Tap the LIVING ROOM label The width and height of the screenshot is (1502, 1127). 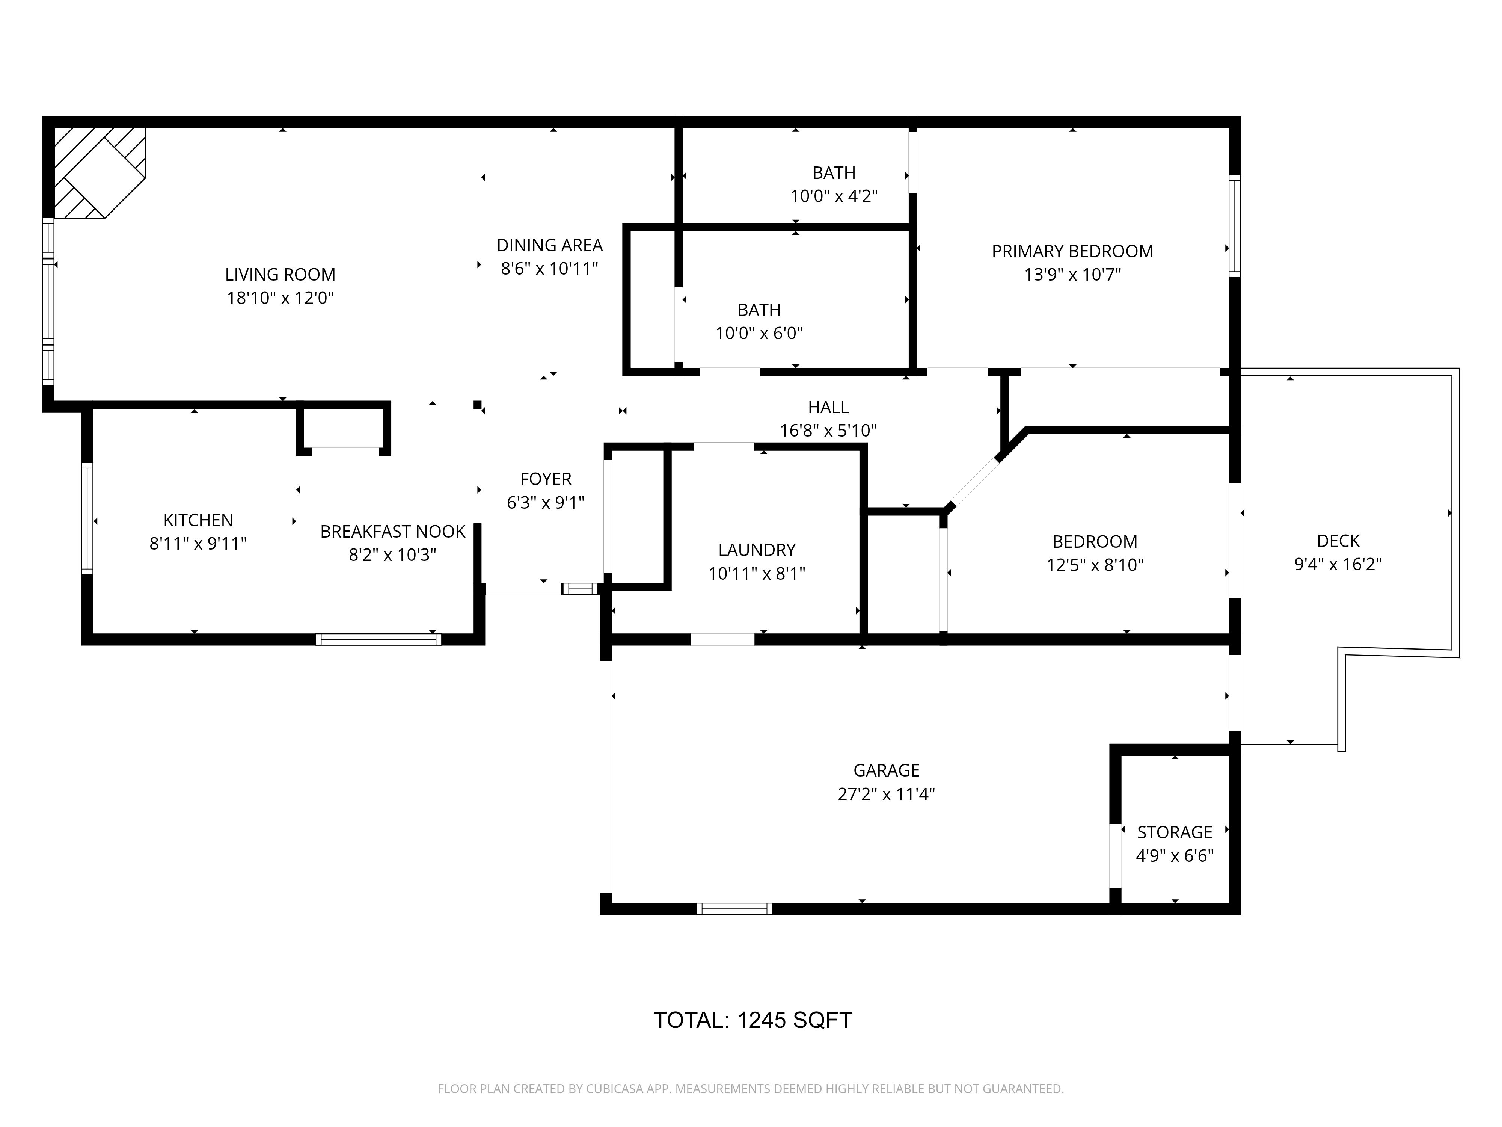tap(280, 275)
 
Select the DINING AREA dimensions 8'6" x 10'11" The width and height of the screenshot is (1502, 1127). tap(549, 268)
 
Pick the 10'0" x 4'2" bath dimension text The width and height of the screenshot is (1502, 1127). tap(834, 196)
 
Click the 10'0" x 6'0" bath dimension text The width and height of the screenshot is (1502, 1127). tap(759, 333)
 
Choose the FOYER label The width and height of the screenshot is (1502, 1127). tap(546, 479)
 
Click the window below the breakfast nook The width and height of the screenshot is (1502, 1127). tap(378, 639)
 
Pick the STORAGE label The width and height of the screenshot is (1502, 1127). tap(1174, 832)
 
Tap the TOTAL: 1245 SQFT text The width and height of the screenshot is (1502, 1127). tap(753, 1020)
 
